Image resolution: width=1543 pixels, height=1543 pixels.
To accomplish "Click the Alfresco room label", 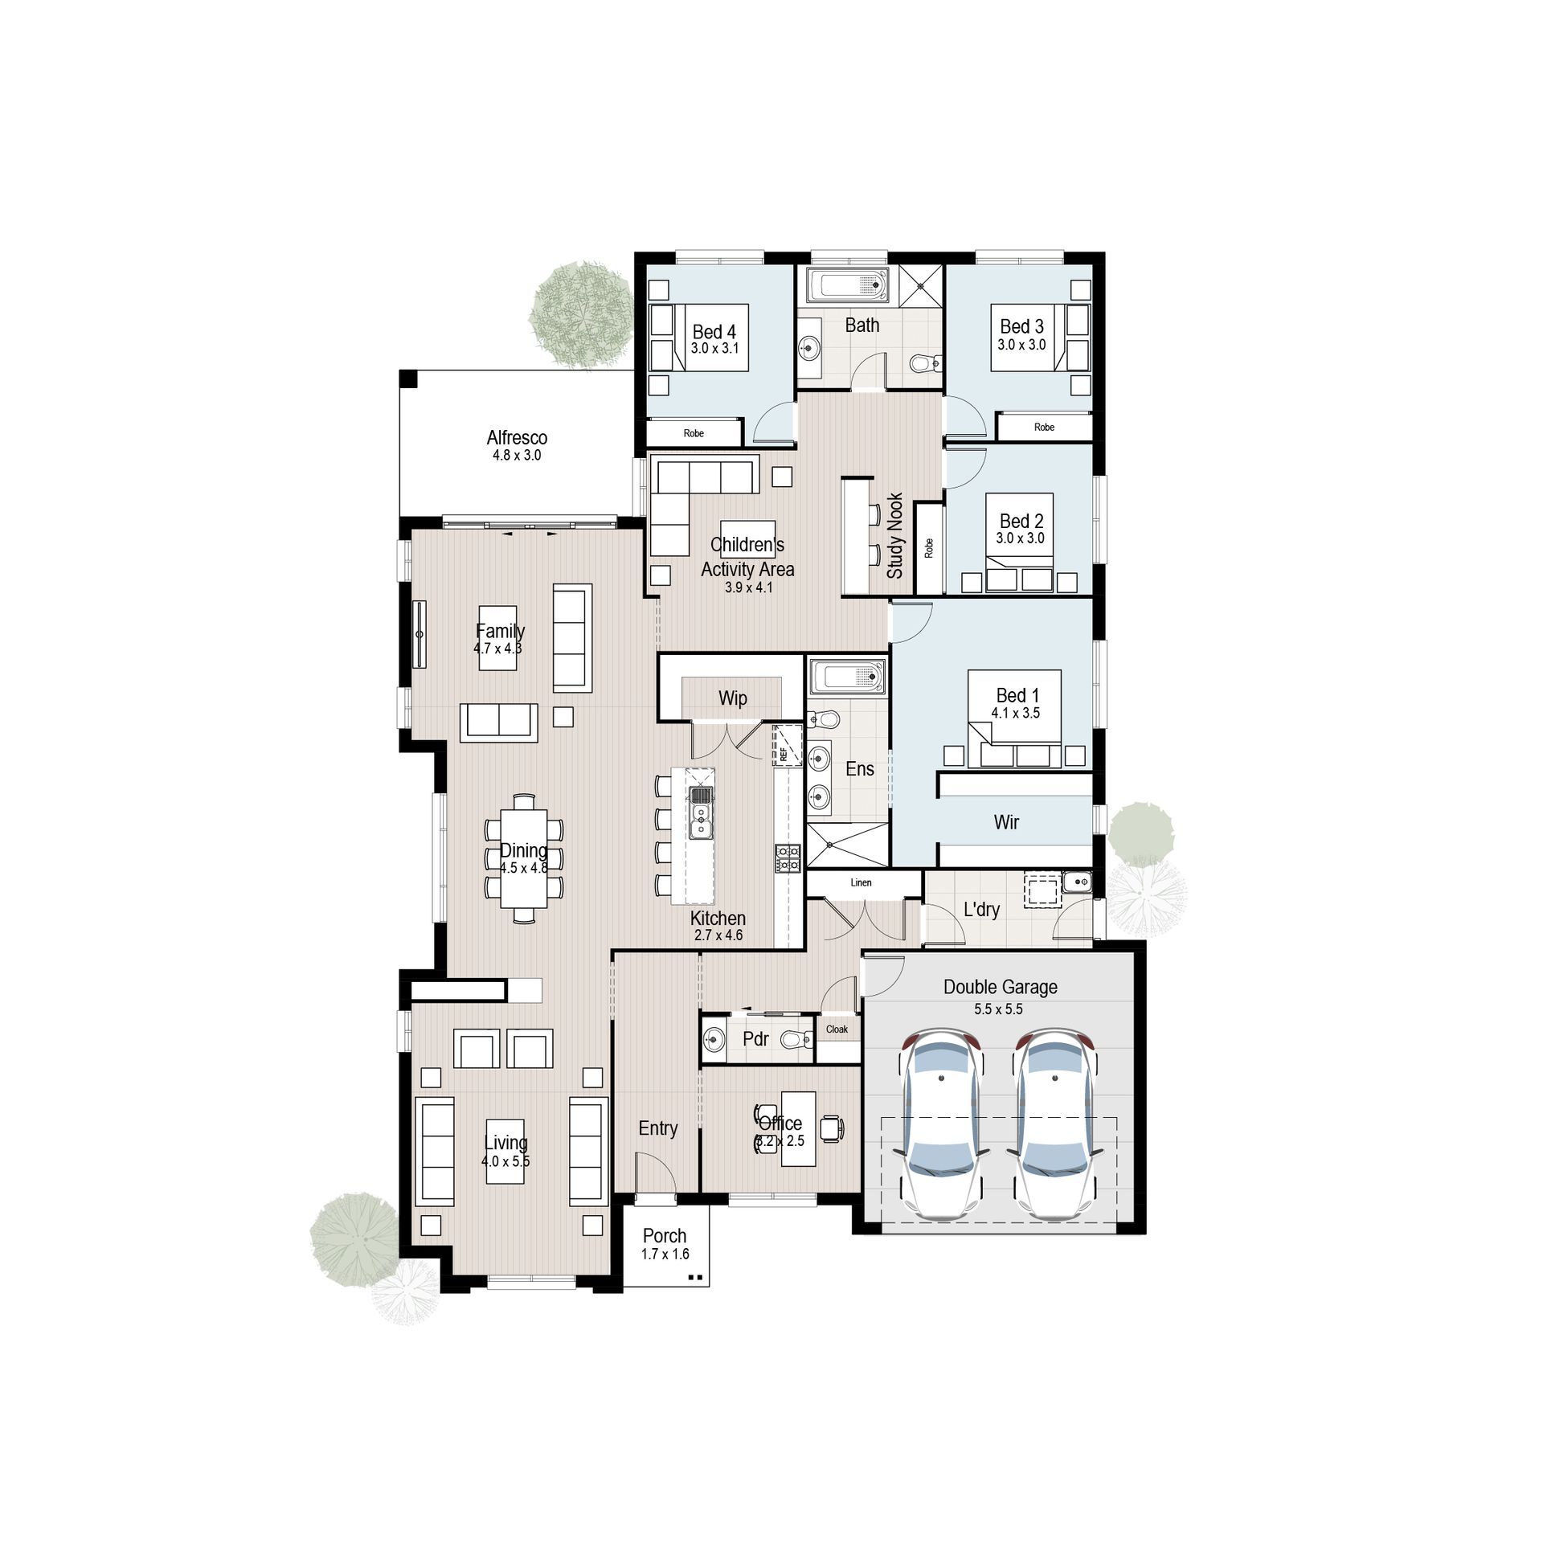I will click(x=517, y=438).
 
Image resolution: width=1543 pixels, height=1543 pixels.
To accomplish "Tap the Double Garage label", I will click(x=1000, y=987).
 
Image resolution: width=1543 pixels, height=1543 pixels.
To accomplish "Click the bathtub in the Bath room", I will click(x=848, y=286).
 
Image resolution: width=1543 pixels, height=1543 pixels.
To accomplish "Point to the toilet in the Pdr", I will click(x=795, y=1041).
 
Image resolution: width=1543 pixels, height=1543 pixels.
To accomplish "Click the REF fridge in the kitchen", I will click(x=788, y=746).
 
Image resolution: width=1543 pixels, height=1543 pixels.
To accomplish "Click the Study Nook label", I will click(x=895, y=536).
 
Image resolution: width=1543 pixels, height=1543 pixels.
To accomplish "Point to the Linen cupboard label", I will click(x=861, y=882).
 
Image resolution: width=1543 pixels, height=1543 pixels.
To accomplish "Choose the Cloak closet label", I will click(x=837, y=1029).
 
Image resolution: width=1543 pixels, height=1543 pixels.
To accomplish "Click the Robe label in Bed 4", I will click(x=694, y=433).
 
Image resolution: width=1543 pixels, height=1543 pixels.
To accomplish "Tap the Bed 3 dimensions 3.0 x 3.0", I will click(x=1021, y=345).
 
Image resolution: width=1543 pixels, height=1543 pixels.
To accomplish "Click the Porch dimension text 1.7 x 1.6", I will click(x=665, y=1254).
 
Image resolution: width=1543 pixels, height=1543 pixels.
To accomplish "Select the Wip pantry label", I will click(x=732, y=698).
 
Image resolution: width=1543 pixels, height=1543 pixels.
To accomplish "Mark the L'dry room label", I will click(x=981, y=910).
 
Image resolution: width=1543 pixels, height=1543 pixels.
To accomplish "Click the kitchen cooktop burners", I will click(x=788, y=857).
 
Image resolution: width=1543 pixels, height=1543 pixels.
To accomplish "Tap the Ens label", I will click(x=859, y=769).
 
